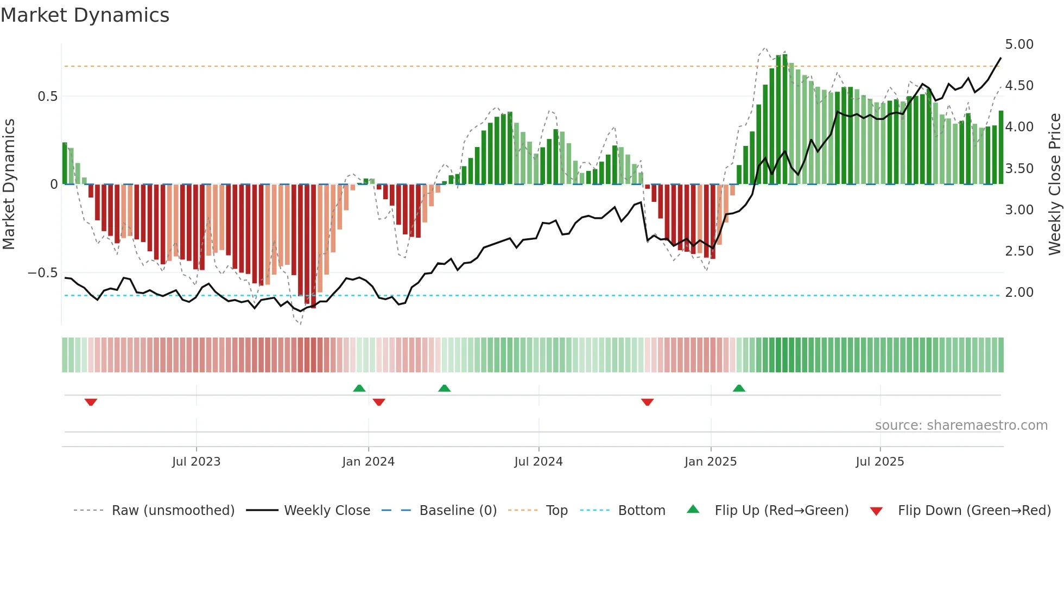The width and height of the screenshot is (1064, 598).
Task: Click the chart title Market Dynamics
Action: [x=85, y=15]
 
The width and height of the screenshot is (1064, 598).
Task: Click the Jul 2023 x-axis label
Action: [x=196, y=462]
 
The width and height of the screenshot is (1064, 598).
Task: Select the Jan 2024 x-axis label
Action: [x=368, y=462]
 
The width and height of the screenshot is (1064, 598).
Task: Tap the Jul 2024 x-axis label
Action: [x=538, y=462]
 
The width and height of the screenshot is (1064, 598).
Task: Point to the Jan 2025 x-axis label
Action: [x=710, y=462]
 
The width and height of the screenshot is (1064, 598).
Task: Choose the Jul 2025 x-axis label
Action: [x=879, y=462]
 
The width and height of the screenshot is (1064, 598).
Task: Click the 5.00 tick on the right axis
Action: [x=1019, y=44]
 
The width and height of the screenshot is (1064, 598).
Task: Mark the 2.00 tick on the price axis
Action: [x=1019, y=292]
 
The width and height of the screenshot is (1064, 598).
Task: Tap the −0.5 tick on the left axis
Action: [x=42, y=273]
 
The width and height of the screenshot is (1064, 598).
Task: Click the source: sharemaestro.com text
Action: [x=961, y=425]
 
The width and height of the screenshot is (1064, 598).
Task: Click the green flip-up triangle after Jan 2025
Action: [x=739, y=388]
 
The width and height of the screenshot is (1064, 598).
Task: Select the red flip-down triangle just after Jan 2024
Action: [x=379, y=402]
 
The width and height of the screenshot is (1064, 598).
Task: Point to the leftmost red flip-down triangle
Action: [x=91, y=402]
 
